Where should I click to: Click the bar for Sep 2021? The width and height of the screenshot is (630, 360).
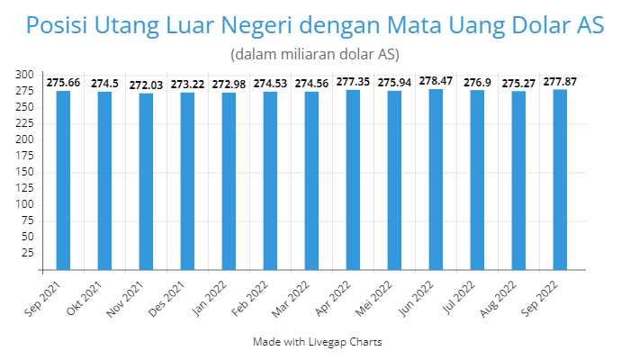(x=63, y=180)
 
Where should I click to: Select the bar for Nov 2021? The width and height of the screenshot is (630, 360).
(x=146, y=181)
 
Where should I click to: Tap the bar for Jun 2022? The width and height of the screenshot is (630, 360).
(x=436, y=179)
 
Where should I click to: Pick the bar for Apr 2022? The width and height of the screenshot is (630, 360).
(x=353, y=180)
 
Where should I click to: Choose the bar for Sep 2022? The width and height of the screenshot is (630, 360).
(x=560, y=179)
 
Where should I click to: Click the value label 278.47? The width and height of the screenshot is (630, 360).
(x=436, y=81)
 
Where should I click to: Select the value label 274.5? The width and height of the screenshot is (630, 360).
(x=104, y=84)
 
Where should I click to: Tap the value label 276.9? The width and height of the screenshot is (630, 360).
(x=477, y=83)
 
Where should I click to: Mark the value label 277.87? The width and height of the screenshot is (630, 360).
(x=560, y=82)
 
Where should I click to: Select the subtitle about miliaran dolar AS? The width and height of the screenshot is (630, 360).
(x=314, y=54)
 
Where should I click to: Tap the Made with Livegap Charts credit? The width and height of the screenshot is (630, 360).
(x=314, y=342)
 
